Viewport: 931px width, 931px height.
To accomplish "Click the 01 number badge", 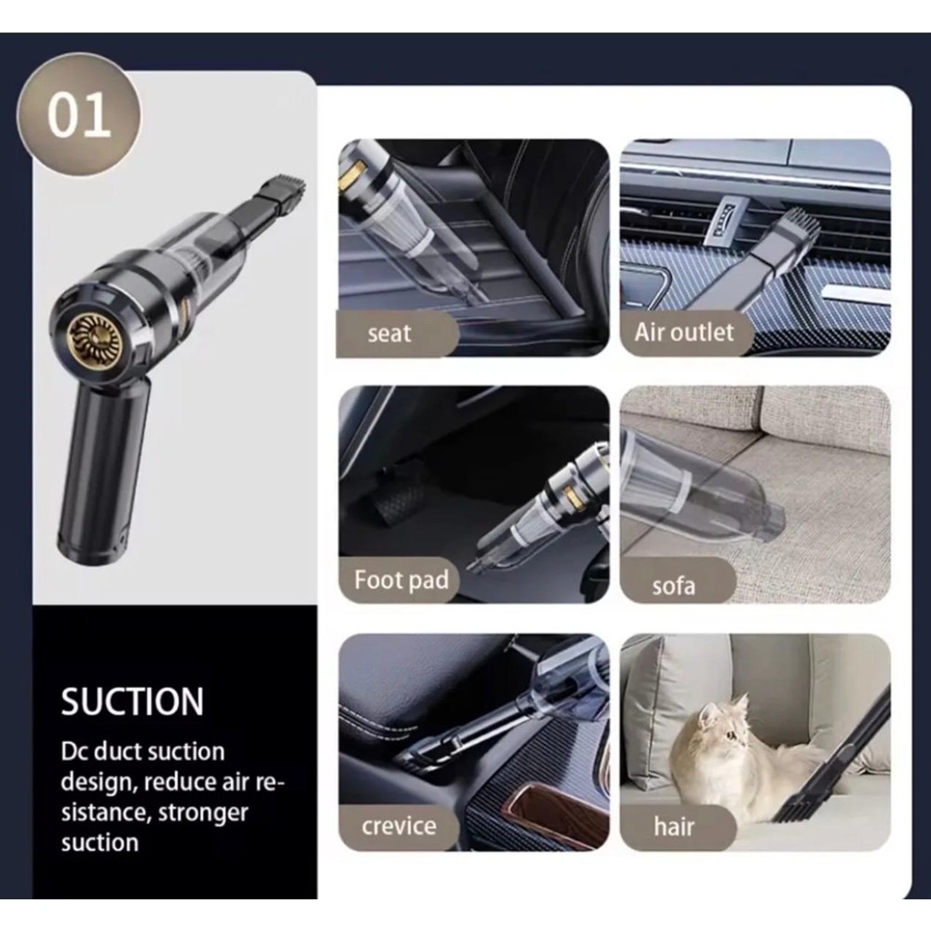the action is coord(79,115).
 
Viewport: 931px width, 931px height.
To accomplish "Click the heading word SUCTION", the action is coord(132,702).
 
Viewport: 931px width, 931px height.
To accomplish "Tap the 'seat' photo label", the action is coord(389,333).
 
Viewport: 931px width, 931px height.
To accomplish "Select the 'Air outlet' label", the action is coord(684,332).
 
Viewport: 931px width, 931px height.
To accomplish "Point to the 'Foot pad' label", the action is coord(401,579).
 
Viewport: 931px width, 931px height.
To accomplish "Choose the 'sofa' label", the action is coord(673,586).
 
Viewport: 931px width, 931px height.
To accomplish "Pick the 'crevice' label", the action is coord(399,826).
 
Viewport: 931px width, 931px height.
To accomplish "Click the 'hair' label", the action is coord(674,826).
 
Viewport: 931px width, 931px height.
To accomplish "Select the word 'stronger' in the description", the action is coord(203,813).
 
